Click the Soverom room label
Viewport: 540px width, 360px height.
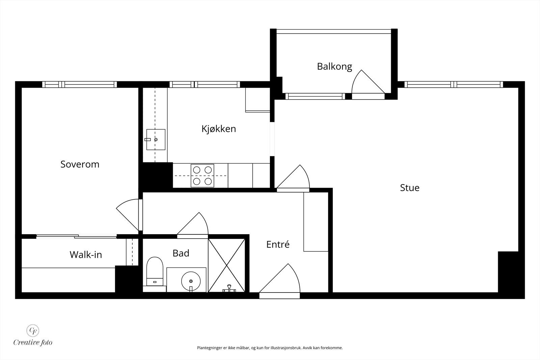tap(80, 164)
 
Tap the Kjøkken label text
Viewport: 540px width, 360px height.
tap(219, 129)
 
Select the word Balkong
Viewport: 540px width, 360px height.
tap(334, 67)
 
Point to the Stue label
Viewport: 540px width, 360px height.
tap(410, 188)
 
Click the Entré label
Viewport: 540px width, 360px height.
tap(278, 244)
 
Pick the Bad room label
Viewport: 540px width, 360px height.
tap(181, 253)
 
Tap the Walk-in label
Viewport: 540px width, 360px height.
tap(86, 255)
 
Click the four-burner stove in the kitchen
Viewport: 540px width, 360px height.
tap(202, 176)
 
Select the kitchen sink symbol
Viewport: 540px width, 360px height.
tap(156, 140)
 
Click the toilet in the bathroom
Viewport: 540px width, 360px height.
tap(155, 272)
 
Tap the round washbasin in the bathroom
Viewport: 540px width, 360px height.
tap(191, 281)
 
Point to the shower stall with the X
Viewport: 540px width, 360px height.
tap(226, 265)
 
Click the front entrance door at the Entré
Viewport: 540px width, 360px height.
tap(280, 281)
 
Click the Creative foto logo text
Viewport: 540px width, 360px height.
tap(33, 342)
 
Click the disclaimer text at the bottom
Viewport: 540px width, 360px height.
tap(270, 348)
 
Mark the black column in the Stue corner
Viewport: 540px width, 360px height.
tap(508, 272)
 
